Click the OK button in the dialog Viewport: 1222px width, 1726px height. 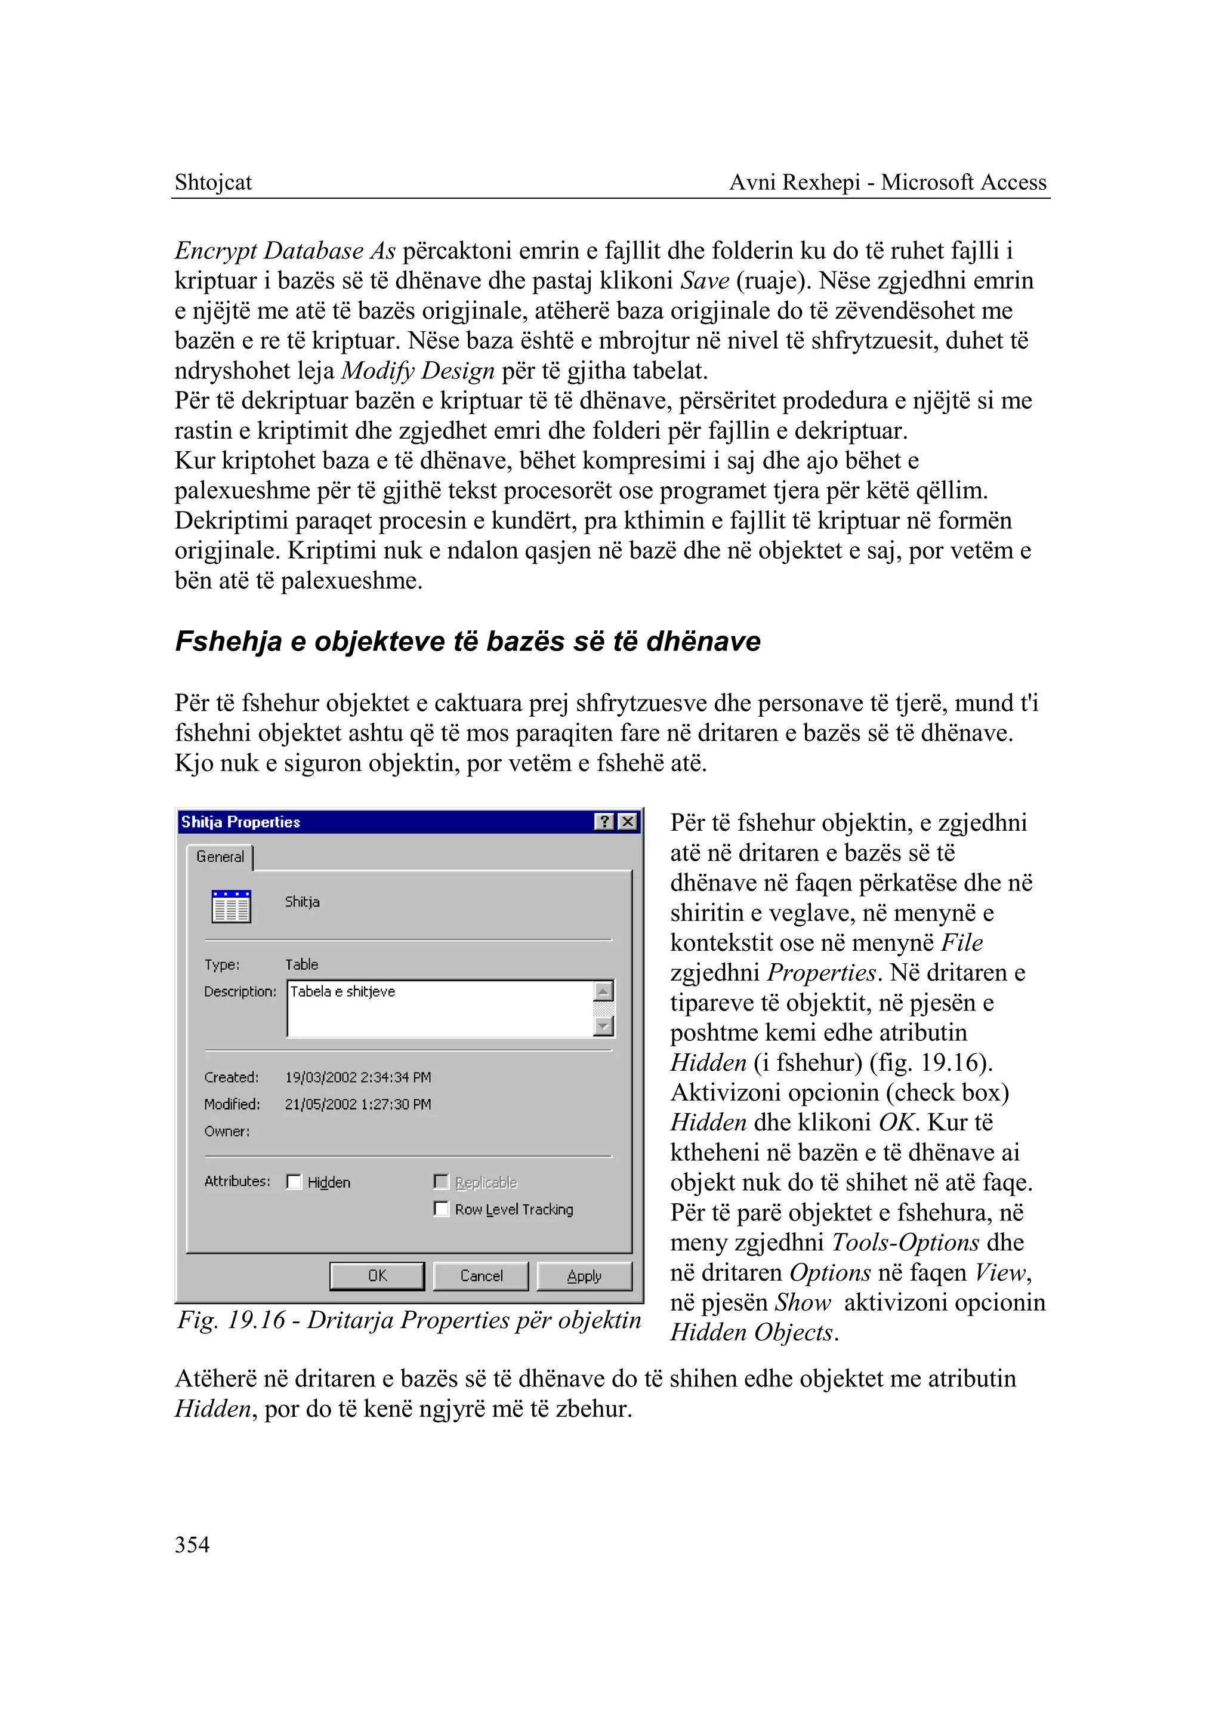pyautogui.click(x=377, y=1276)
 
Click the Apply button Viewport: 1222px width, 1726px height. pyautogui.click(x=584, y=1276)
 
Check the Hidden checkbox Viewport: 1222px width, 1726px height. pyautogui.click(x=294, y=1182)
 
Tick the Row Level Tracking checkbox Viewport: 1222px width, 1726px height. pyautogui.click(x=442, y=1209)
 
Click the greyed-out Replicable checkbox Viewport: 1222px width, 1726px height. pyautogui.click(x=442, y=1182)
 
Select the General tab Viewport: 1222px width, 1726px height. pyautogui.click(x=220, y=856)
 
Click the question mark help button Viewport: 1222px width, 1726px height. pyautogui.click(x=604, y=821)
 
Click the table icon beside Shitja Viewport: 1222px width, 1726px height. pyautogui.click(x=231, y=907)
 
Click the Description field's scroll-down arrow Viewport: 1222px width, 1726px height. pyautogui.click(x=603, y=1026)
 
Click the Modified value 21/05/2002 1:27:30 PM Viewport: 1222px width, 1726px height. pyautogui.click(x=357, y=1104)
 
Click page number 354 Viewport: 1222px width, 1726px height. pyautogui.click(x=192, y=1545)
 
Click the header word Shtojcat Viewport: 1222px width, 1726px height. pyautogui.click(x=213, y=182)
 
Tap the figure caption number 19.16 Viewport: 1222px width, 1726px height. pyautogui.click(x=257, y=1320)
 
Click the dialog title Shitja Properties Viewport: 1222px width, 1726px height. pyautogui.click(x=241, y=822)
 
